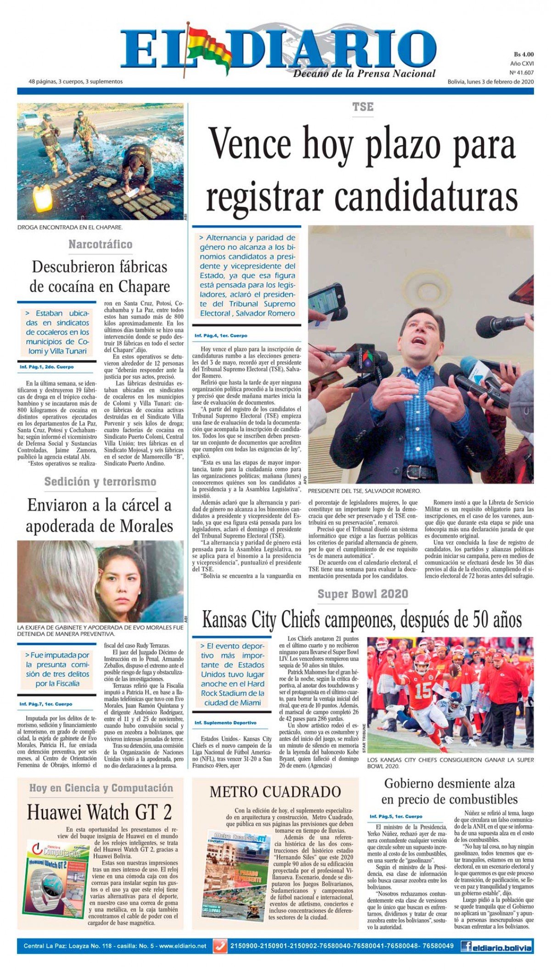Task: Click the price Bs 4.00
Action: coord(523,54)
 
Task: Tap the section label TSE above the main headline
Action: coord(363,107)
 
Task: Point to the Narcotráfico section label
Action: coord(100,244)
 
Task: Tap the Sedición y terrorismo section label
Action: coord(100,482)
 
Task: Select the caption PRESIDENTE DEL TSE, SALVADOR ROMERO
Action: coord(364,491)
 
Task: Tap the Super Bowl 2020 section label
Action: coord(363,594)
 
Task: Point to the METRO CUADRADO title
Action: coord(275,792)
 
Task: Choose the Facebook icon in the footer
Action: coord(467,946)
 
